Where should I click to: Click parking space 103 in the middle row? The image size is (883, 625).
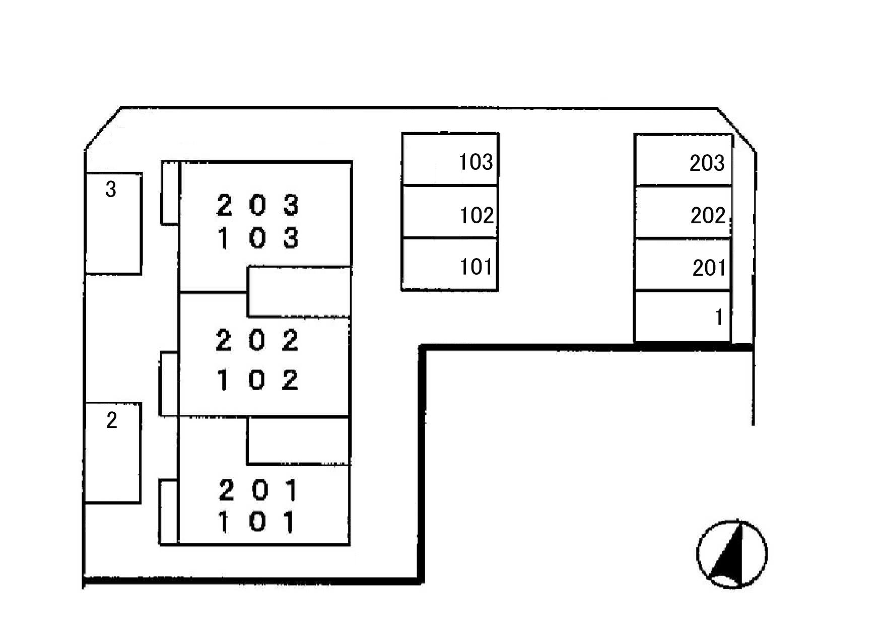pos(450,159)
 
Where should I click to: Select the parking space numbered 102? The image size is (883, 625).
pos(450,212)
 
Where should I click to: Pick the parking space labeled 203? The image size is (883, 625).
pos(683,160)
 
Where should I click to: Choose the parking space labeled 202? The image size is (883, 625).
pos(683,212)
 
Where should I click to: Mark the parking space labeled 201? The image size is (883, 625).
pos(683,265)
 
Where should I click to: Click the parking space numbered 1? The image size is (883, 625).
pos(683,317)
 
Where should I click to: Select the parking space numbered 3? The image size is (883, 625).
pos(113,224)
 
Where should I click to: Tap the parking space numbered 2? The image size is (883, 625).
pos(112,453)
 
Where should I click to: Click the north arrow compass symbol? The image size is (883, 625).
pos(732,554)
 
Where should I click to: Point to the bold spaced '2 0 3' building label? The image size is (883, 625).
pos(258,205)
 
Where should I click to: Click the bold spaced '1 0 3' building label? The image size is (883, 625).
pos(258,238)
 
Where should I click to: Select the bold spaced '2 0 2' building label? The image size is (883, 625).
pos(257,340)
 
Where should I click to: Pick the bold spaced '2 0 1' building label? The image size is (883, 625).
pos(258,490)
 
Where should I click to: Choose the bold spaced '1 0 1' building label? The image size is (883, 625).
pos(257,522)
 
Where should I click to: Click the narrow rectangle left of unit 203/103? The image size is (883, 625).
pos(170,193)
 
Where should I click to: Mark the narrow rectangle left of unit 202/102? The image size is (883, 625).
pos(169,384)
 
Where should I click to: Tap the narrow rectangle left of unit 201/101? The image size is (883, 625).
pos(168,512)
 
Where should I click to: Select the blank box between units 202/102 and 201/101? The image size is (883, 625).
pos(299,441)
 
